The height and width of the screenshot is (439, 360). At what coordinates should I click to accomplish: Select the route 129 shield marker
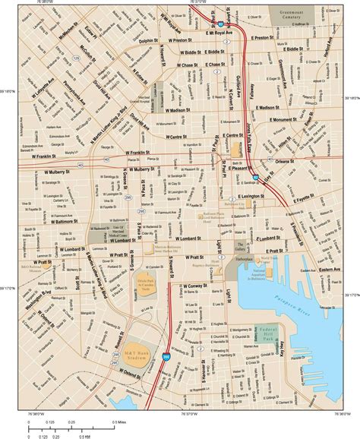[x=77, y=57]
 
